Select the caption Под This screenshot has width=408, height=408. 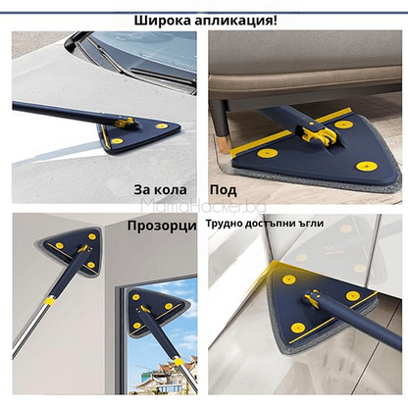pos(224,189)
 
